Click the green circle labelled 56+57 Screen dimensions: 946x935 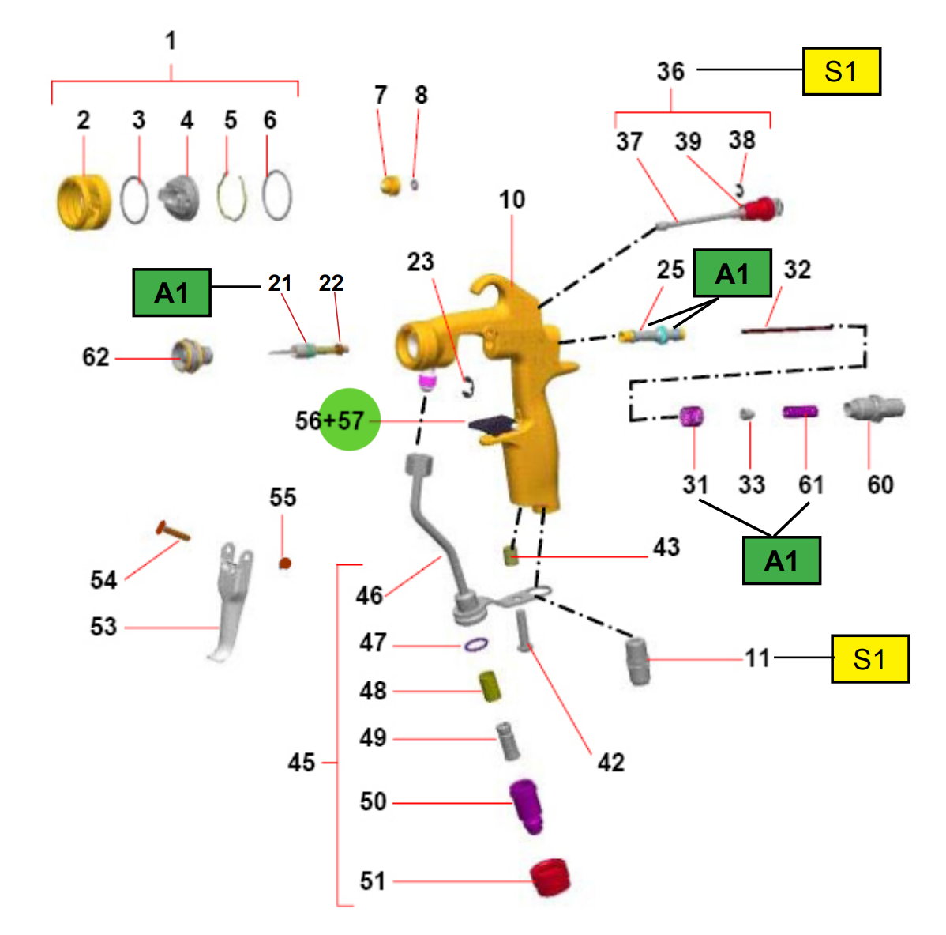pos(349,419)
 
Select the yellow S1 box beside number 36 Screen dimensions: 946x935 pos(842,71)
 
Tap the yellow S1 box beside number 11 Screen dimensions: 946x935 pos(870,659)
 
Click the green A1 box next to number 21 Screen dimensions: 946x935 pos(172,292)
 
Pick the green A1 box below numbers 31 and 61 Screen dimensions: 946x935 pos(781,560)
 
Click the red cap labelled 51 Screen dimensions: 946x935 pos(550,877)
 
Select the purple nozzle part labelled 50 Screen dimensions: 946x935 pos(526,806)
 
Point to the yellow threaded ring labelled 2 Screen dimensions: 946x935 pos(84,202)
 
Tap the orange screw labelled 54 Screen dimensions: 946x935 pos(173,531)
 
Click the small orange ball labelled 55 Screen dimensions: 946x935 pos(285,564)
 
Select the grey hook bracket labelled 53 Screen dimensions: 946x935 pos(231,601)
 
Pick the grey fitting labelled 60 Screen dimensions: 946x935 pos(873,409)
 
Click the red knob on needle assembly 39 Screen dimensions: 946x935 pos(759,209)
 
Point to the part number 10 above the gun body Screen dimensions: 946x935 pos(512,200)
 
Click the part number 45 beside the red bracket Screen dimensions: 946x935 pos(302,763)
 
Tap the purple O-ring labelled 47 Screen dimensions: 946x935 pos(476,645)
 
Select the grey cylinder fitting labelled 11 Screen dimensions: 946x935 pos(638,662)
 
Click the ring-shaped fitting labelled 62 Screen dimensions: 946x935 pos(192,356)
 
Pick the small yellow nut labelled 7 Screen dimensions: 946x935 pos(391,185)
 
